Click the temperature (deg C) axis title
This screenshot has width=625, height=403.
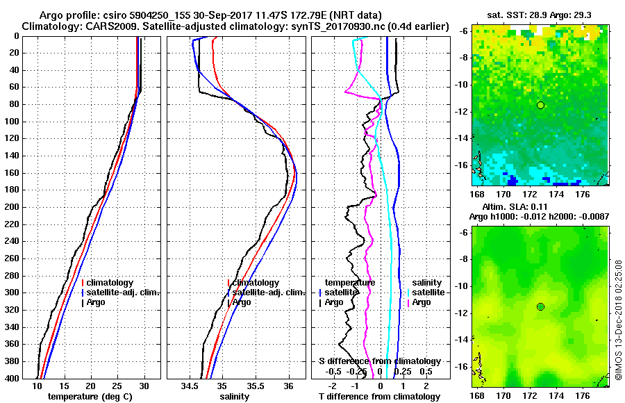(x=90, y=396)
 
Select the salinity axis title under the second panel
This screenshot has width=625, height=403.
(x=235, y=396)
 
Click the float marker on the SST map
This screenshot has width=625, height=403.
(x=540, y=105)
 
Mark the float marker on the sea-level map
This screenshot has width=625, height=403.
(x=540, y=306)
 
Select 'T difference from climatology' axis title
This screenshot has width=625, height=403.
(x=379, y=396)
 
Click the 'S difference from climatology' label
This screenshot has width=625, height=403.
(x=379, y=361)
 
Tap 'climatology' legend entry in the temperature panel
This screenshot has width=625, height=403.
(x=111, y=283)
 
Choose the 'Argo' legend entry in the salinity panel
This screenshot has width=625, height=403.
(x=242, y=302)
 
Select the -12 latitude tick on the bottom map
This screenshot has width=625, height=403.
(x=462, y=313)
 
